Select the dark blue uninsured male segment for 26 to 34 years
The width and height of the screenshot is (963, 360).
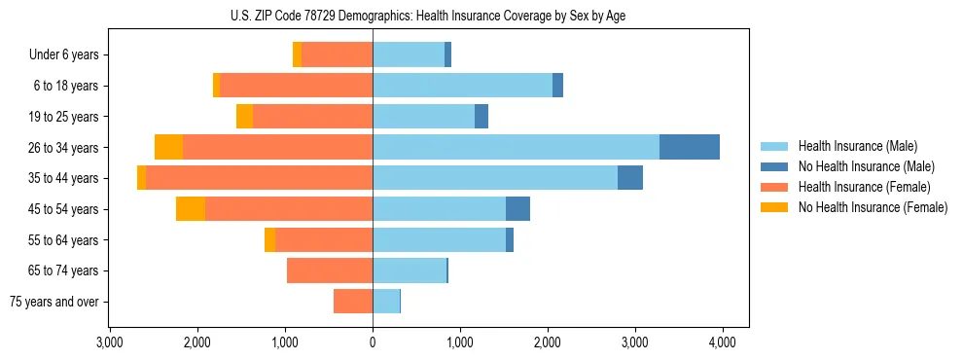pos(690,147)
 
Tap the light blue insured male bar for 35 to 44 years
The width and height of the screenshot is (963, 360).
pos(495,178)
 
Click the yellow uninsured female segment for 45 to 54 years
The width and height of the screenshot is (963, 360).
pos(191,209)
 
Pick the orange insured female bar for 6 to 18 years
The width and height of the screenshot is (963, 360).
pos(296,86)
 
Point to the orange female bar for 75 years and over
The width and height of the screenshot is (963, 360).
pos(353,302)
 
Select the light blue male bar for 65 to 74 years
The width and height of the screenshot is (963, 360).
pos(410,270)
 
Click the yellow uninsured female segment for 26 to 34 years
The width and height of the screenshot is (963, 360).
pos(168,147)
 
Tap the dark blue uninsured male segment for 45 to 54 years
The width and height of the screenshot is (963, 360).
pos(517,209)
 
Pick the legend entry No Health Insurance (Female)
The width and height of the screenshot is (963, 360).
pos(866,207)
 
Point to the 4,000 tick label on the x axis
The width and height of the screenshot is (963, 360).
pos(722,342)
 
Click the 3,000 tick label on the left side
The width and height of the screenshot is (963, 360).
pos(110,342)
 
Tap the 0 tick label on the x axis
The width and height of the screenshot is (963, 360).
pos(373,342)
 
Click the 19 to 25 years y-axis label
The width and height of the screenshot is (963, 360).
pos(65,117)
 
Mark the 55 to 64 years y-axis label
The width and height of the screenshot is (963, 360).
pos(65,240)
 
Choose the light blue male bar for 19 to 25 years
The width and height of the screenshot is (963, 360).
pos(423,117)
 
